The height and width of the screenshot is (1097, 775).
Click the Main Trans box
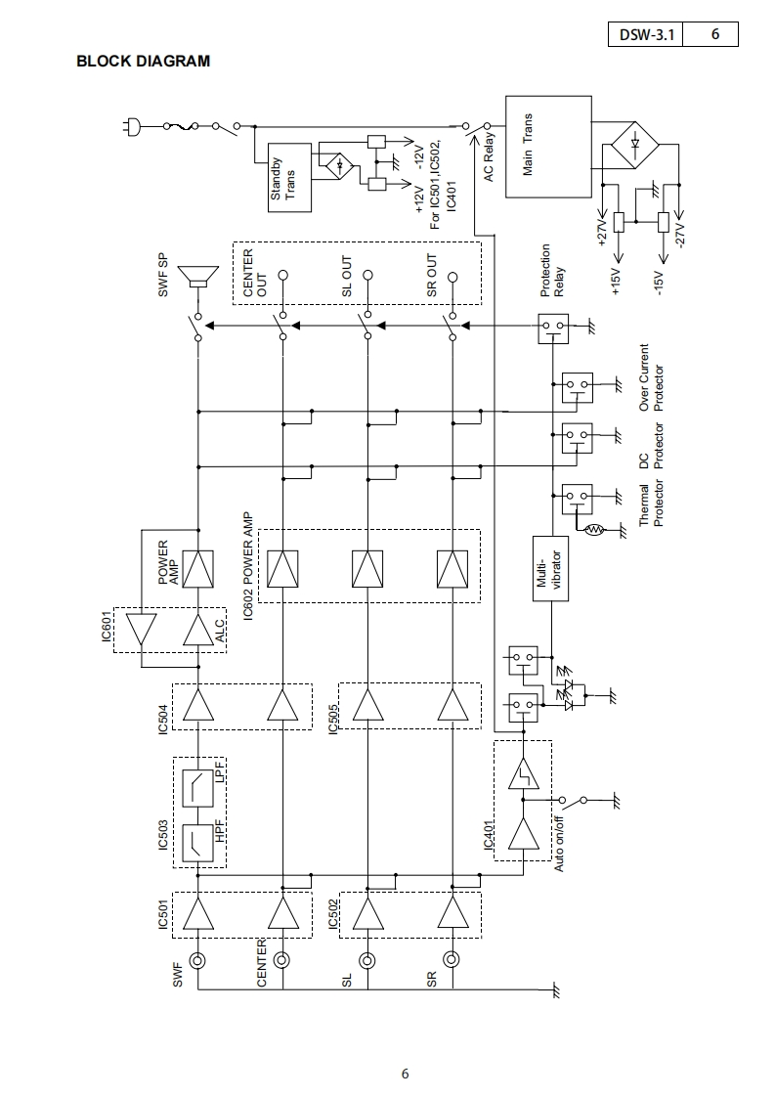pos(547,147)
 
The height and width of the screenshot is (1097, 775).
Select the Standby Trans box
pos(289,178)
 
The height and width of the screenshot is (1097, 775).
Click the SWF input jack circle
pos(198,960)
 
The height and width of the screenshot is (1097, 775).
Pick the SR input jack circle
pos(452,960)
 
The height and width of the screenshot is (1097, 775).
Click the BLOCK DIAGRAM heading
pos(143,62)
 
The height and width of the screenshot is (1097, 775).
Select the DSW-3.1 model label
pos(645,35)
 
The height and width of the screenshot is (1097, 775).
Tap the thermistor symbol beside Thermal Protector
pos(593,530)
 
